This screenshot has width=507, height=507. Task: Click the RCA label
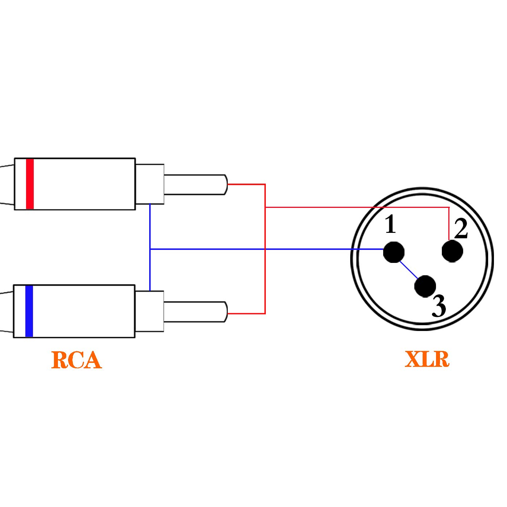pyautogui.click(x=76, y=360)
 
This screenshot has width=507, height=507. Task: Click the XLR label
pyautogui.click(x=427, y=359)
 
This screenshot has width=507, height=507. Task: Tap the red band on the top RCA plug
pyautogui.click(x=30, y=184)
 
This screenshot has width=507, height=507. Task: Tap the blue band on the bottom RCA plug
pyautogui.click(x=29, y=311)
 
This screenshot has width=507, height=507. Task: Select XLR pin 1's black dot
pyautogui.click(x=394, y=252)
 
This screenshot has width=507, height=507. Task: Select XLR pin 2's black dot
pyautogui.click(x=452, y=251)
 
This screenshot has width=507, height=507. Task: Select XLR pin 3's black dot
pyautogui.click(x=425, y=286)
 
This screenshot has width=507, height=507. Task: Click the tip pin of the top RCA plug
pyautogui.click(x=196, y=185)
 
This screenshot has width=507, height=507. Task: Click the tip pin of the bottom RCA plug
pyautogui.click(x=196, y=312)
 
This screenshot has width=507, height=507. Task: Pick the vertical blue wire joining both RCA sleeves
pyautogui.click(x=150, y=247)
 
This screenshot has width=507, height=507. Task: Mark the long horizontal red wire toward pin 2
pyautogui.click(x=357, y=207)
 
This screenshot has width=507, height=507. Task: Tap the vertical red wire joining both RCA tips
pyautogui.click(x=265, y=249)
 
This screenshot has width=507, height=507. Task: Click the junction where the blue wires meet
pyautogui.click(x=150, y=249)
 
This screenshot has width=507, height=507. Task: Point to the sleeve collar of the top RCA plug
pyautogui.click(x=150, y=184)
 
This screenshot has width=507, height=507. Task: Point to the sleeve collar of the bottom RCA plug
pyautogui.click(x=150, y=311)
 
